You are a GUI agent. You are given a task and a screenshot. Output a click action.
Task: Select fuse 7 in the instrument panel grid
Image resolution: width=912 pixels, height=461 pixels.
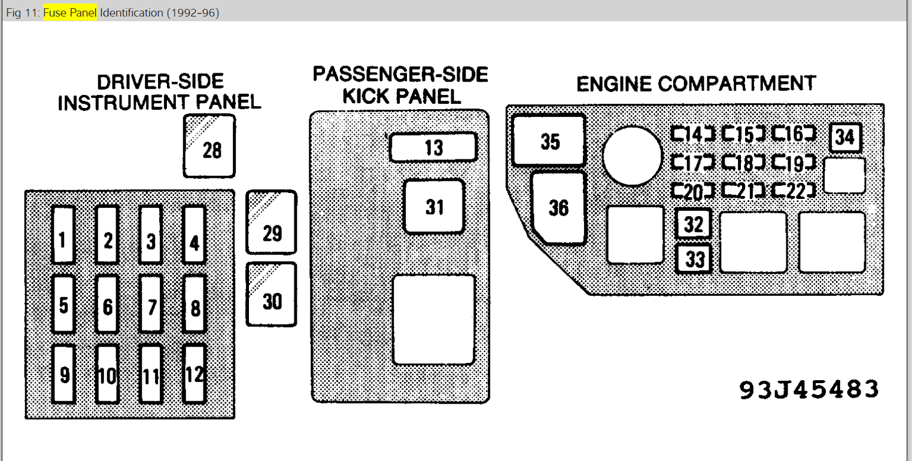click(151, 305)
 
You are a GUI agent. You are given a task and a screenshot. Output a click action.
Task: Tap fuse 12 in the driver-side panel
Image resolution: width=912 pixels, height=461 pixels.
click(194, 374)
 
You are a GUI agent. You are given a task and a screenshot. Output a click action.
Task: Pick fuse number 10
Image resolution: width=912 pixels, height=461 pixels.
click(107, 374)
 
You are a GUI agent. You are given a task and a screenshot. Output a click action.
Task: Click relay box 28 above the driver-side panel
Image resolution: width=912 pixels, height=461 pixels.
click(209, 146)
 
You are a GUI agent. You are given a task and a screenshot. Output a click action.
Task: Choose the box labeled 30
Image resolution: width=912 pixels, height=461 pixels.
click(271, 295)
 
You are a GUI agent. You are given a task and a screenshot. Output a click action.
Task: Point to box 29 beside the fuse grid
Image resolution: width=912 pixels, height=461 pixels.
click(271, 223)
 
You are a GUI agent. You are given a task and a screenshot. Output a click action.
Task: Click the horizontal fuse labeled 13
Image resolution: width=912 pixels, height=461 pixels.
click(433, 147)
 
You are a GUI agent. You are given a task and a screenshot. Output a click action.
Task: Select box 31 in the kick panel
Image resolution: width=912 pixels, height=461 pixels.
click(434, 207)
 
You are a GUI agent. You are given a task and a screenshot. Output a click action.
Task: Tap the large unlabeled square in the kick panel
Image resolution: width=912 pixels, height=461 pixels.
click(434, 319)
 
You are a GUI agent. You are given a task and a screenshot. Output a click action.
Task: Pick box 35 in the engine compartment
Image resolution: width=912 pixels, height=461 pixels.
click(549, 140)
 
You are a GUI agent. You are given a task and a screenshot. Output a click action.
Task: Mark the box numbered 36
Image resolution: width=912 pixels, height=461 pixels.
click(558, 207)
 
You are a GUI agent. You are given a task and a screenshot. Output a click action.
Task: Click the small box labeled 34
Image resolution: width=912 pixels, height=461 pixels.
click(845, 138)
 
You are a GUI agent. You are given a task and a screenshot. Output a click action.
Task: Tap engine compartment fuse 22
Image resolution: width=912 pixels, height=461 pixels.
click(795, 190)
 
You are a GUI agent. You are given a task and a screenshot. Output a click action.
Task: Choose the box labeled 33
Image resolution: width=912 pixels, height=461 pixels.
click(694, 259)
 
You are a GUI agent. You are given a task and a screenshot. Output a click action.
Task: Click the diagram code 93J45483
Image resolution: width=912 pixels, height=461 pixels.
click(809, 389)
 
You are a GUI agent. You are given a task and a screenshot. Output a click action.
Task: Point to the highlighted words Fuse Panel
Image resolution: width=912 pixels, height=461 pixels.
click(70, 12)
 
